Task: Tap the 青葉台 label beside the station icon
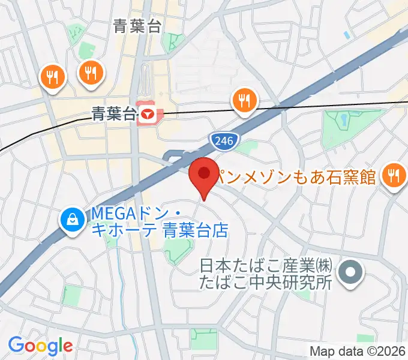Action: (113, 113)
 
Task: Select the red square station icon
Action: (147, 113)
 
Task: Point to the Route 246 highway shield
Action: (225, 140)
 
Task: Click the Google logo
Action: (40, 346)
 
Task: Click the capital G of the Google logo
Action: (16, 346)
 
